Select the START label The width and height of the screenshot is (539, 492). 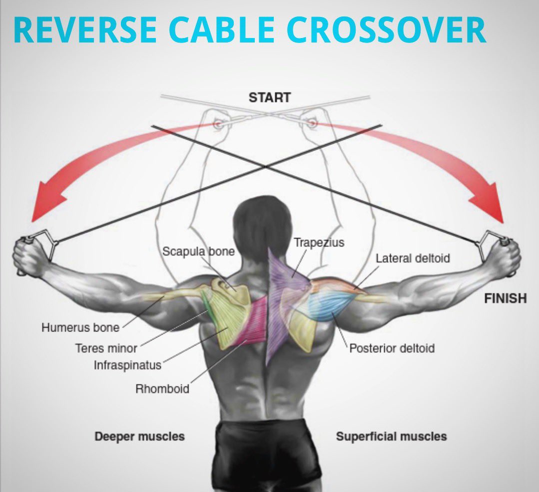(x=269, y=97)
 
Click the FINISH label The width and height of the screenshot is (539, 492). (x=505, y=298)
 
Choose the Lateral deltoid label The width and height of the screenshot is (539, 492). (x=413, y=258)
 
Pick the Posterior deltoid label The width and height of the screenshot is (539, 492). (x=392, y=348)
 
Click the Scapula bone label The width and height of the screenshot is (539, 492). (x=198, y=251)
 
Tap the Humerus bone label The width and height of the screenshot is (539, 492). (x=80, y=328)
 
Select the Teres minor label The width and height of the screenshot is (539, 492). (x=106, y=347)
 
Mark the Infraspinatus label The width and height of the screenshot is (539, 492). (x=127, y=365)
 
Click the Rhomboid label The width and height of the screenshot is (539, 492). (x=162, y=388)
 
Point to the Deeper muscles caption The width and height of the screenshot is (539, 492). (x=139, y=436)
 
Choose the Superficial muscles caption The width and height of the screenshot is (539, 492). (x=391, y=436)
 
